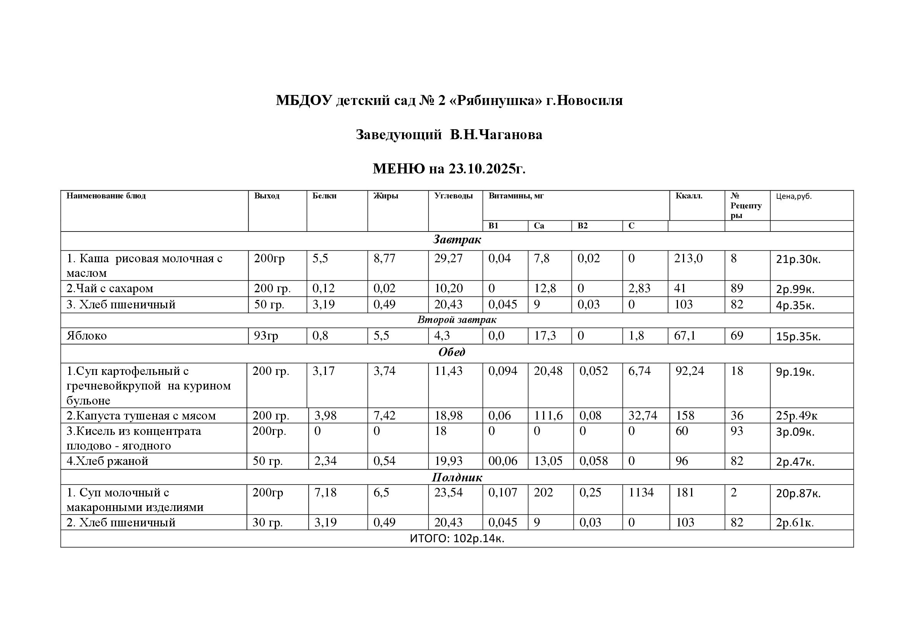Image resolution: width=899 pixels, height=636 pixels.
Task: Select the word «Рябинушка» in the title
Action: coord(497,101)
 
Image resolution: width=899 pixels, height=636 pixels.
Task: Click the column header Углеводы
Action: coord(453,196)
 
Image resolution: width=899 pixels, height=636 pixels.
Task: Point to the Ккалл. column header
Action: coord(689,196)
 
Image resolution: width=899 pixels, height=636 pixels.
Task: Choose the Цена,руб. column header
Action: coord(794,196)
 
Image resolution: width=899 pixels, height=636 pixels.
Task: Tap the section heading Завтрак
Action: coord(457,240)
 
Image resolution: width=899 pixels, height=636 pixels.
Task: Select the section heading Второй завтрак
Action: coord(457,320)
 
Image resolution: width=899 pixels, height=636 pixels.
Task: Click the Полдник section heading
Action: coord(457,478)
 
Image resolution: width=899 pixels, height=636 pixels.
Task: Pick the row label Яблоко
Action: coord(86,336)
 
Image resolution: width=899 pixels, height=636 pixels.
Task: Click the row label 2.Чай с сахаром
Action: coord(110,289)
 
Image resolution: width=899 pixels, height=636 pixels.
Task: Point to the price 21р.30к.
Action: coord(798,259)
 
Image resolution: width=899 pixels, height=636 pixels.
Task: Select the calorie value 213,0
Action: coord(688,258)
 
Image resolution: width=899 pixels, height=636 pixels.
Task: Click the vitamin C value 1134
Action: coord(641,492)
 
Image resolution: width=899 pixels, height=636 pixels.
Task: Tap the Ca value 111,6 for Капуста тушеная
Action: coord(548,416)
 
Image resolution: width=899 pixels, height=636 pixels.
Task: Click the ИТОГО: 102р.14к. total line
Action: coord(457,539)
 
